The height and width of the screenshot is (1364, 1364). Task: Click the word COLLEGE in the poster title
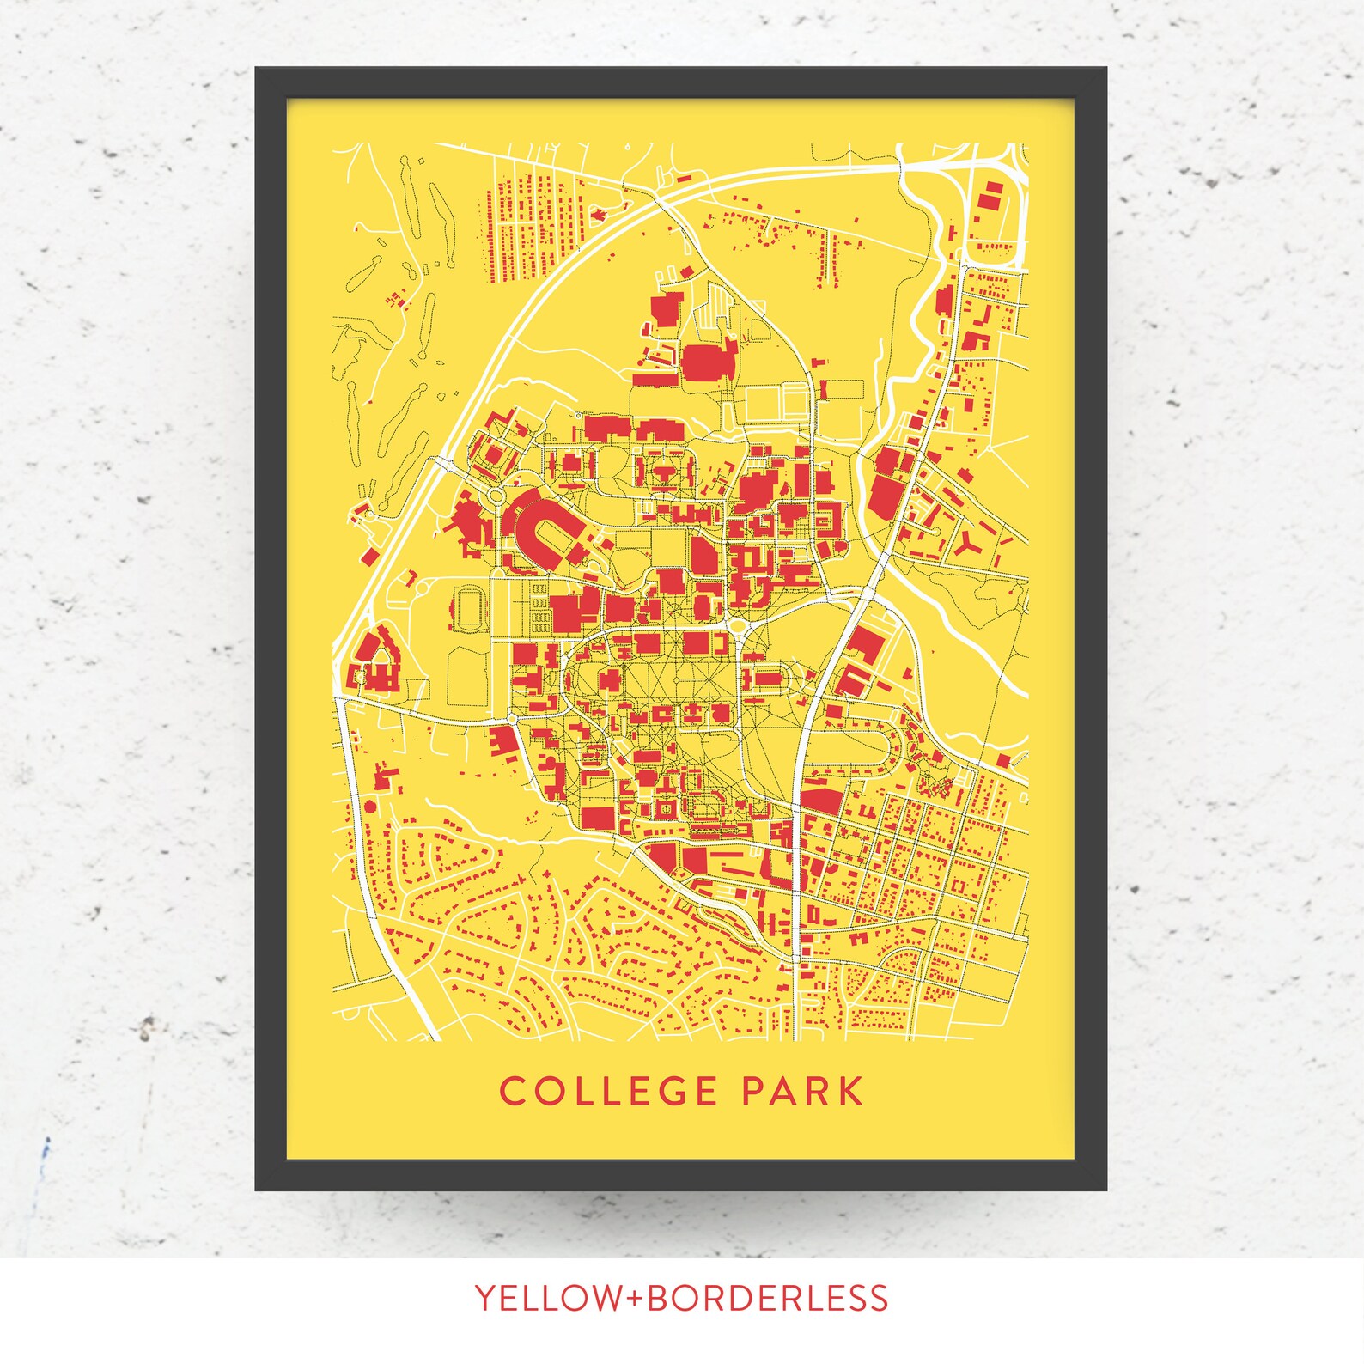pos(608,1092)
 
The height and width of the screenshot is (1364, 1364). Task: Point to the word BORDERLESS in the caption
pos(767,1298)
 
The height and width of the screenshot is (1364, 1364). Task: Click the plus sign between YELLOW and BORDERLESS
pos(636,1299)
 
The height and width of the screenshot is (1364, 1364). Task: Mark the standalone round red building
pos(370,806)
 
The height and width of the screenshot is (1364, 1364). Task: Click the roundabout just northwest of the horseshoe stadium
pos(496,496)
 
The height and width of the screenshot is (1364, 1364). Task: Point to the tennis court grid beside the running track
pos(539,608)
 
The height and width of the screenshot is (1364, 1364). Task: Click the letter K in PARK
pos(849,1092)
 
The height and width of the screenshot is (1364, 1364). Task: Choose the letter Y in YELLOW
pos(485,1298)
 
